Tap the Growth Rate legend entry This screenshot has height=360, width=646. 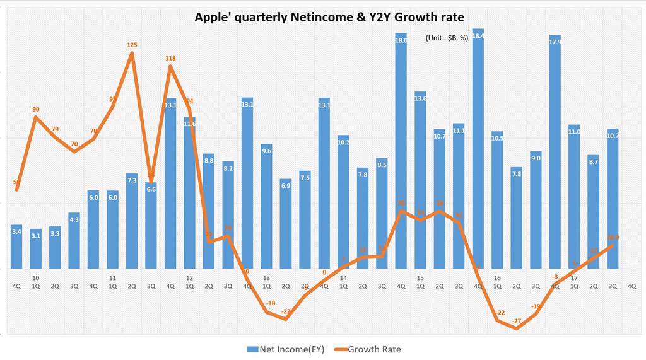click(369, 349)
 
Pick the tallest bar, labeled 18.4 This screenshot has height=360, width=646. click(478, 151)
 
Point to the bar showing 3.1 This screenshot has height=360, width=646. click(36, 249)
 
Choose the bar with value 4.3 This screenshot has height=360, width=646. click(74, 241)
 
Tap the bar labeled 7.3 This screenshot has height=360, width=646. click(132, 221)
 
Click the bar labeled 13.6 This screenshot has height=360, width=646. click(420, 183)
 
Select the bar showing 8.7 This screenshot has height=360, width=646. click(593, 212)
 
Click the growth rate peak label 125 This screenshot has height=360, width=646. click(132, 45)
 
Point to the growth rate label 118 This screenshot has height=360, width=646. click(170, 59)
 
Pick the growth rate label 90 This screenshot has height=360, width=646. click(36, 110)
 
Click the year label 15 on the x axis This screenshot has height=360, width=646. click(420, 277)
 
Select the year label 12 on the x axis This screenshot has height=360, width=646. click(189, 277)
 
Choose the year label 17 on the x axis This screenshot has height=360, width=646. click(574, 277)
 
